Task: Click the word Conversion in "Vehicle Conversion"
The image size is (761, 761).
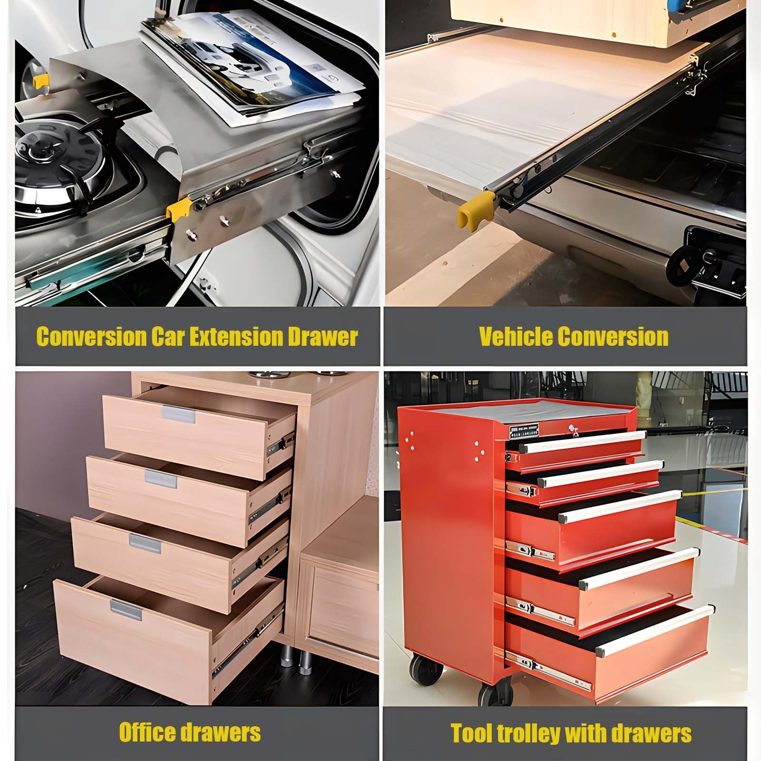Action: [613, 336]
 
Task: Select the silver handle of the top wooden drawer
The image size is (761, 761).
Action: [178, 414]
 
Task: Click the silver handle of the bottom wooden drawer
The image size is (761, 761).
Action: [126, 610]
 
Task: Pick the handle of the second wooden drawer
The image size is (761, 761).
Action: [161, 479]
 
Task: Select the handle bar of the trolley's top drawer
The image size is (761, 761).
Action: [582, 441]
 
